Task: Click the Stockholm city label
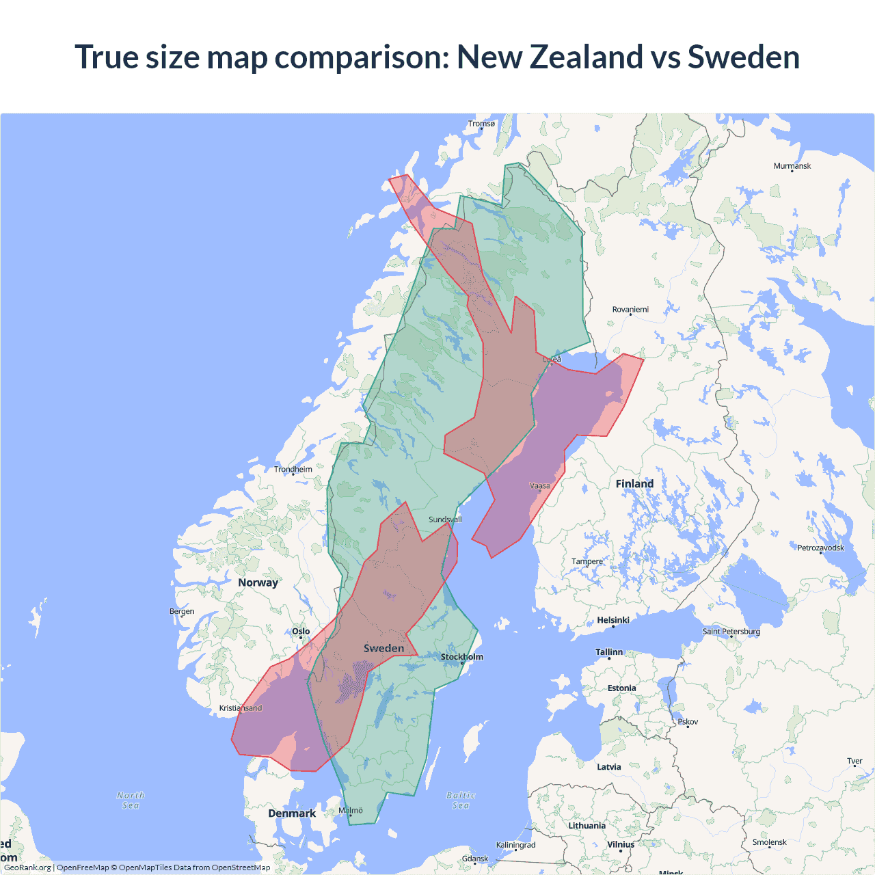coord(461,657)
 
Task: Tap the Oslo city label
coord(301,632)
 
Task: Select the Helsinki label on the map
coord(612,620)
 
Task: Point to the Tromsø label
coord(481,124)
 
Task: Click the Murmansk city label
coord(792,166)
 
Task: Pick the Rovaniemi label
coord(630,310)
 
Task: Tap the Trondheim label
coord(293,470)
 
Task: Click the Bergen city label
coord(182,612)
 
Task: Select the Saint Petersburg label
coord(731,632)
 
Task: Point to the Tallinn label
coord(608,652)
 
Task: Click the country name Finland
coord(634,484)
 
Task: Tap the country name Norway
coord(258,582)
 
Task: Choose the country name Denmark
coord(292,813)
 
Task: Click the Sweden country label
coord(383,648)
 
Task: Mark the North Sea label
coord(131,800)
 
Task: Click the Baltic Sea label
coord(461,800)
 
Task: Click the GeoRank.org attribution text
coord(27,867)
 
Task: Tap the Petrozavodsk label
coord(820,548)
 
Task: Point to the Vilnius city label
coord(621,845)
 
